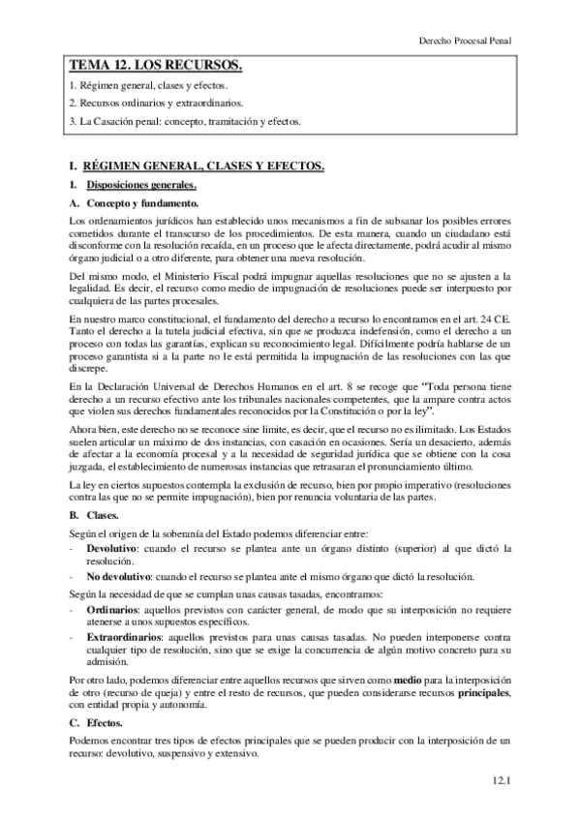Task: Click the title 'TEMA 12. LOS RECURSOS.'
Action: tap(154, 66)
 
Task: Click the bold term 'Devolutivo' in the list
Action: tap(111, 547)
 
